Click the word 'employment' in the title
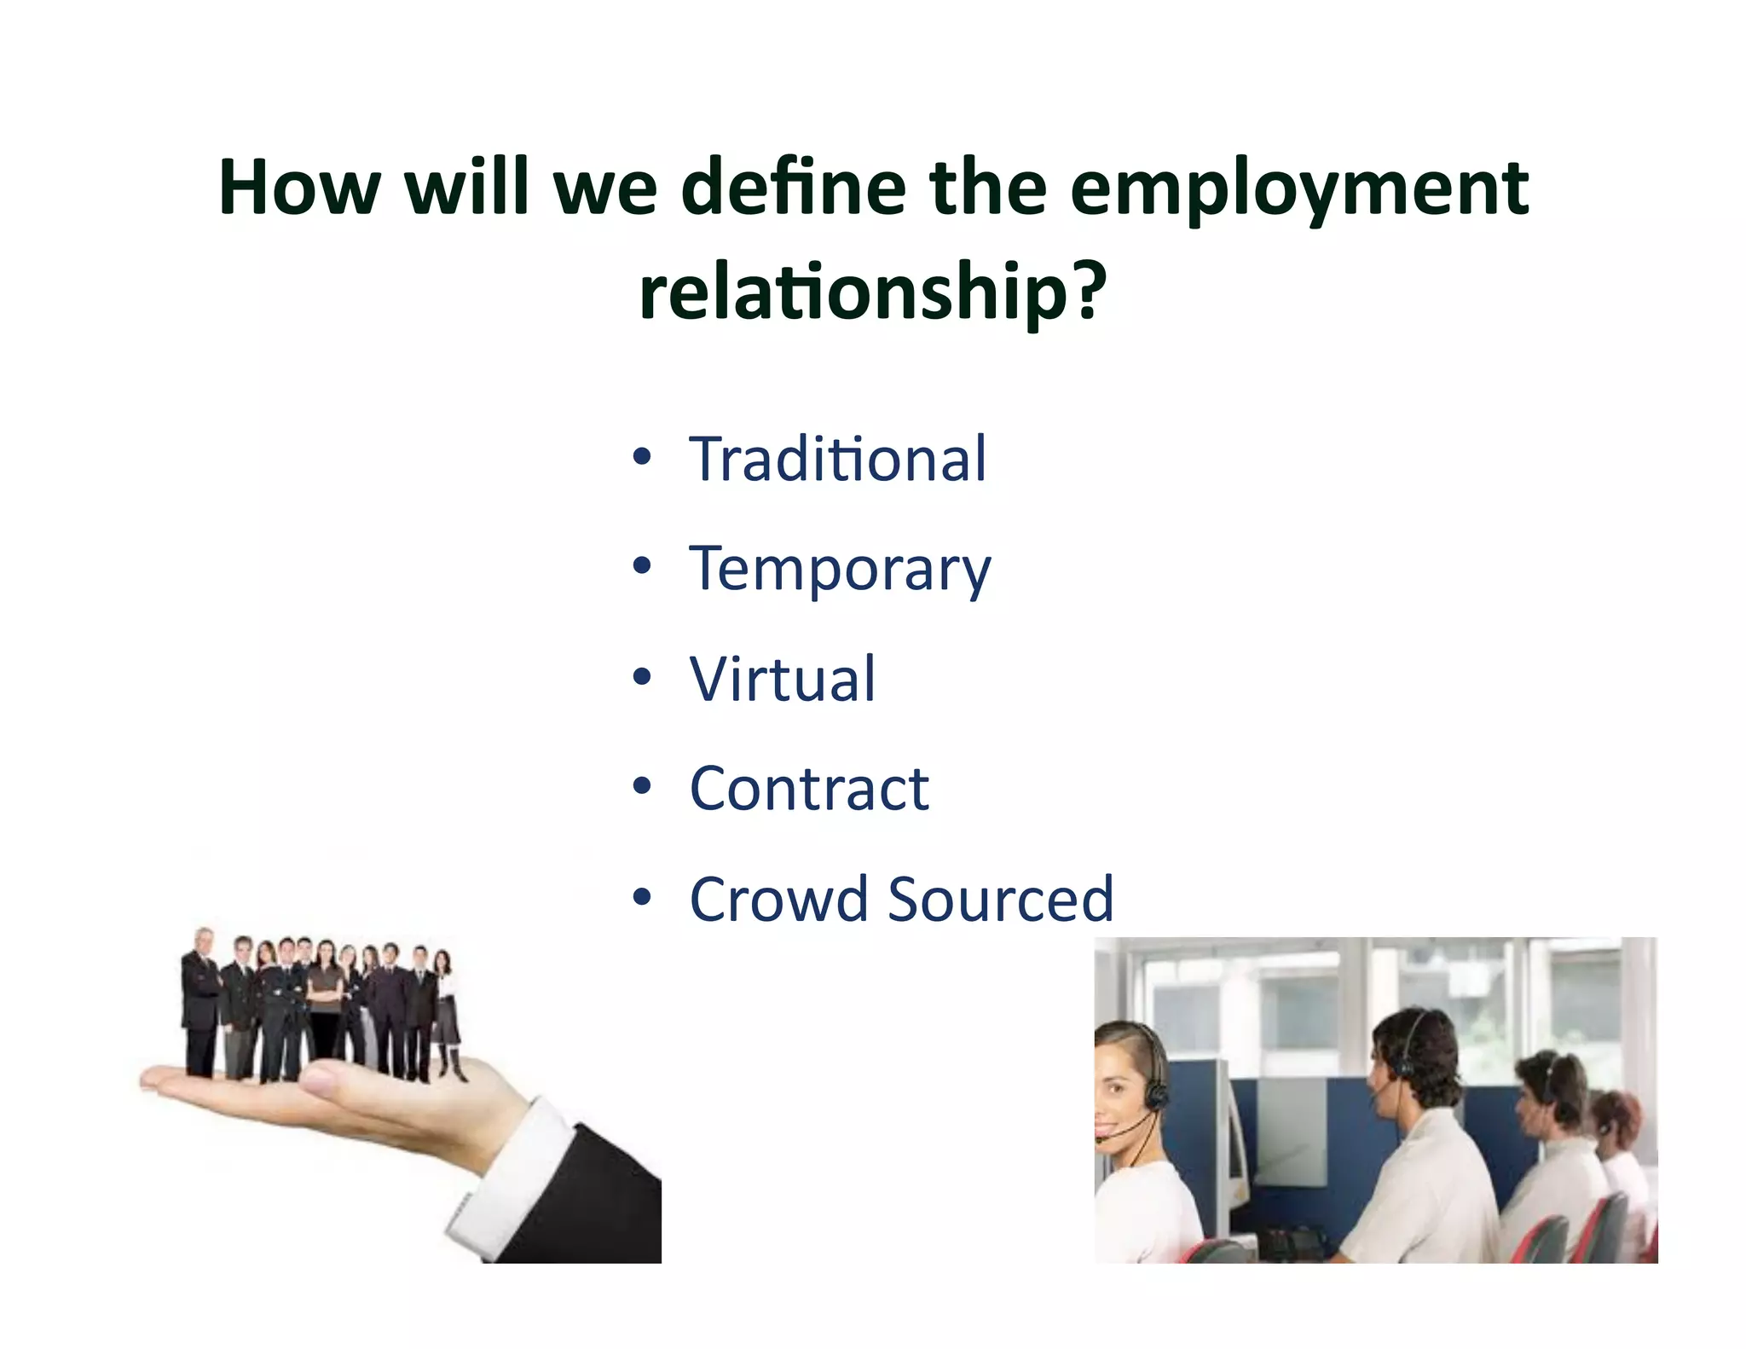(x=1299, y=189)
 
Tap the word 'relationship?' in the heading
(x=872, y=292)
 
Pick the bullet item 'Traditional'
(x=837, y=460)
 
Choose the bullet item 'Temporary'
(x=840, y=570)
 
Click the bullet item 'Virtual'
(x=782, y=680)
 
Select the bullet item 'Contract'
(x=808, y=789)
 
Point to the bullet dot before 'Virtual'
(x=642, y=677)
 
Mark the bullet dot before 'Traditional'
(x=642, y=457)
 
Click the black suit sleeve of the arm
(x=597, y=1211)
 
